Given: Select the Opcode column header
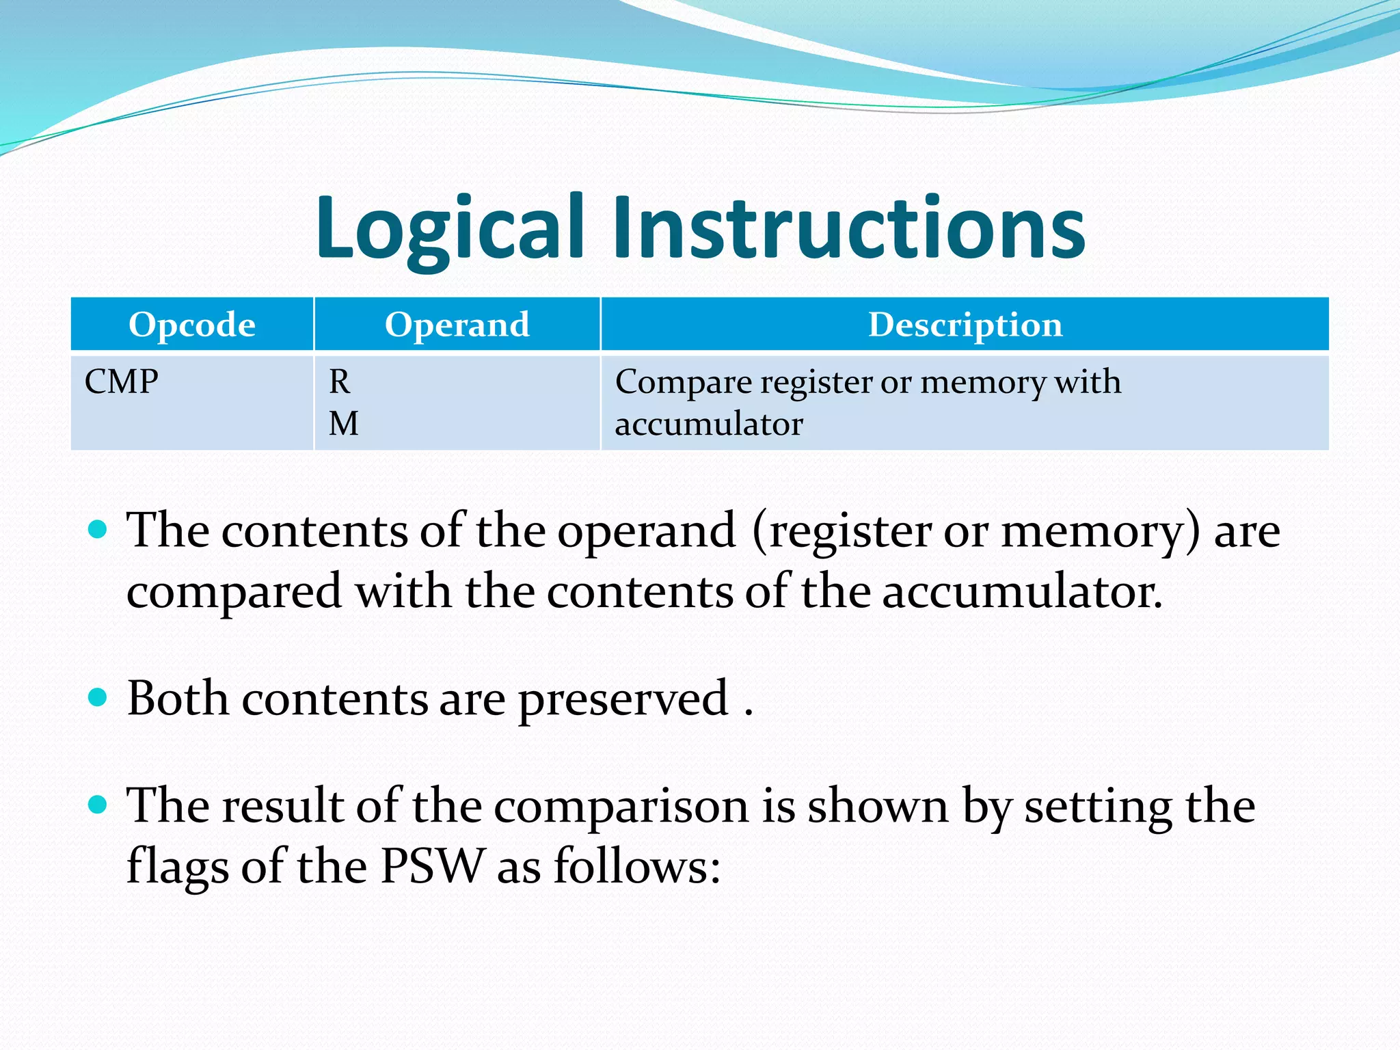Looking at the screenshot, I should pyautogui.click(x=192, y=325).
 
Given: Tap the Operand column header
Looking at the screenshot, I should pyautogui.click(x=457, y=325).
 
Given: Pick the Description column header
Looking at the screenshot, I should pyautogui.click(x=965, y=325).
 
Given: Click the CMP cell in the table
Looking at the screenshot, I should pyautogui.click(x=122, y=381).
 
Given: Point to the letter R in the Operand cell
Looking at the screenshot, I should pyautogui.click(x=340, y=381).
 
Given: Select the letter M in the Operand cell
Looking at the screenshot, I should pyautogui.click(x=343, y=424).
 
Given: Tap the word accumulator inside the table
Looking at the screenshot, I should pyautogui.click(x=709, y=425).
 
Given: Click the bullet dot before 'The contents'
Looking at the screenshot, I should pyautogui.click(x=98, y=528).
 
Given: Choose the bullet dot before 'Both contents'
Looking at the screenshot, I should pyautogui.click(x=98, y=697).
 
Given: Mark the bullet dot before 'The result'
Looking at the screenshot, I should pyautogui.click(x=98, y=804).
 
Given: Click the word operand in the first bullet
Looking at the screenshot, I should pyautogui.click(x=646, y=532).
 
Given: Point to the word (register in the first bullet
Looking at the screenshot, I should pyautogui.click(x=842, y=532).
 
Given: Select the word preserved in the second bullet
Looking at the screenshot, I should pyautogui.click(x=623, y=701).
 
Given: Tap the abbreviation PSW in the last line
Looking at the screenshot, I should pyautogui.click(x=433, y=866).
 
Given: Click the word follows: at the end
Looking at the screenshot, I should pyautogui.click(x=636, y=866).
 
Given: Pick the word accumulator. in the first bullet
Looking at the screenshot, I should pyautogui.click(x=1022, y=592).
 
